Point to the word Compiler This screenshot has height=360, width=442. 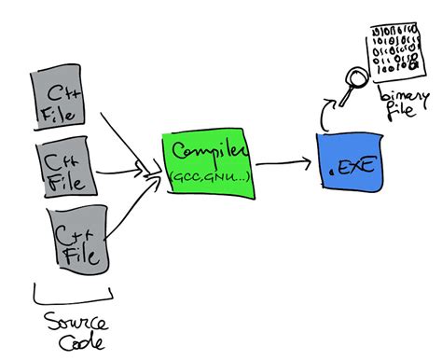point(209,151)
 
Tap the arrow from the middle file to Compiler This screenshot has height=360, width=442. point(126,172)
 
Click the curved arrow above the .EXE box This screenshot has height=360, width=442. point(327,114)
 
